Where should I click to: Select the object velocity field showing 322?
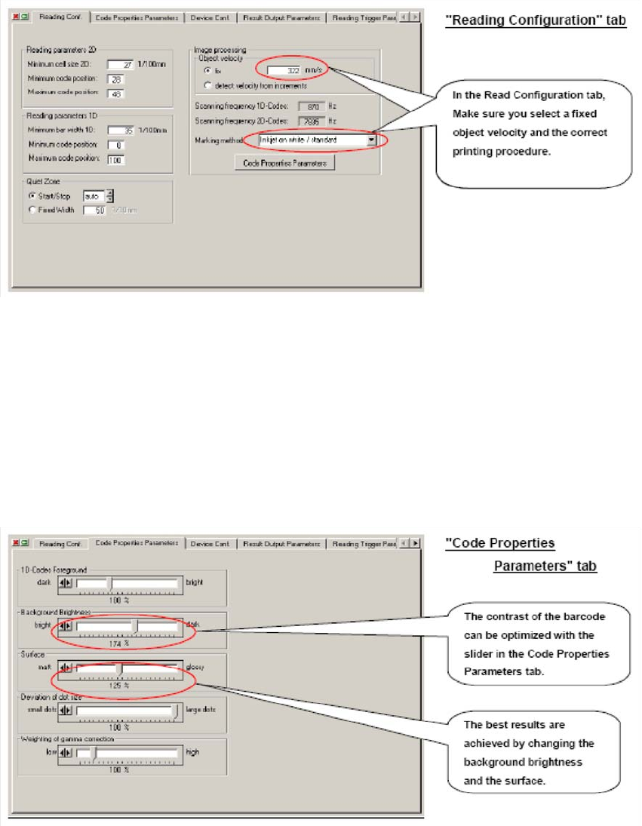(x=284, y=70)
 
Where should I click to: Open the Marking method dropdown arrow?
(x=371, y=140)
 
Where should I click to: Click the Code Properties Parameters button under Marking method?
(x=284, y=162)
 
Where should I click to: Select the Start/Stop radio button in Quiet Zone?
(x=32, y=196)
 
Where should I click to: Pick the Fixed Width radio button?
(x=32, y=210)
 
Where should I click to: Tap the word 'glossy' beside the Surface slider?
(x=195, y=668)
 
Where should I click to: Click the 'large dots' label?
(x=201, y=710)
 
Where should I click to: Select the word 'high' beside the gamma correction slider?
(x=192, y=752)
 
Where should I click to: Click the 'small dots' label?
(x=41, y=710)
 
